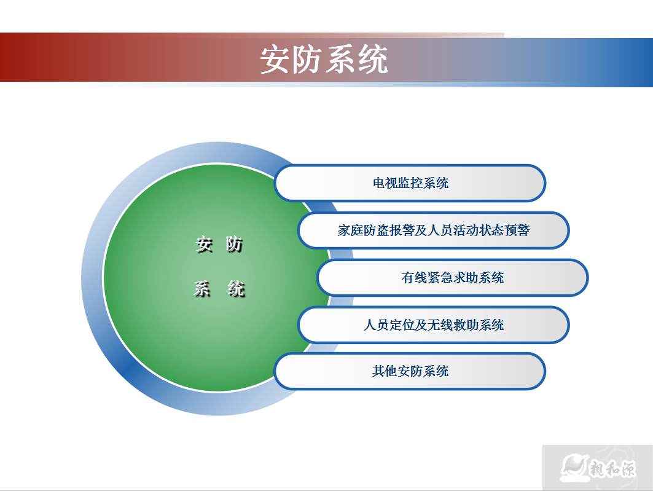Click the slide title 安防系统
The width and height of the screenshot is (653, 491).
pyautogui.click(x=324, y=60)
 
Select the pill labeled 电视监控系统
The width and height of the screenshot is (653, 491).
pyautogui.click(x=410, y=183)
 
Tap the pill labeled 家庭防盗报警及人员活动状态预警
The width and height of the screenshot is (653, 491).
pyautogui.click(x=433, y=230)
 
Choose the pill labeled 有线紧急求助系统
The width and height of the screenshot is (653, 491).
pyautogui.click(x=453, y=278)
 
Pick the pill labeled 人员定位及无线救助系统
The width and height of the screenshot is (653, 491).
pyautogui.click(x=433, y=324)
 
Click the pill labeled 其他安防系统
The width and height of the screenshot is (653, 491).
pyautogui.click(x=410, y=371)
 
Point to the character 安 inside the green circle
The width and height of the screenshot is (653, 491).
pyautogui.click(x=204, y=245)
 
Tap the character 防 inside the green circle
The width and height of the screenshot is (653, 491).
pyautogui.click(x=234, y=245)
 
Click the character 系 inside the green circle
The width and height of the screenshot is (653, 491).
pyautogui.click(x=203, y=288)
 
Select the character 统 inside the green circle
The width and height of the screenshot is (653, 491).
pyautogui.click(x=236, y=288)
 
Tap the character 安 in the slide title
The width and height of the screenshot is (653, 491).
pyautogui.click(x=275, y=60)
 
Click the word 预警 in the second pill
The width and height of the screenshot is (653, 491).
pyautogui.click(x=517, y=230)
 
